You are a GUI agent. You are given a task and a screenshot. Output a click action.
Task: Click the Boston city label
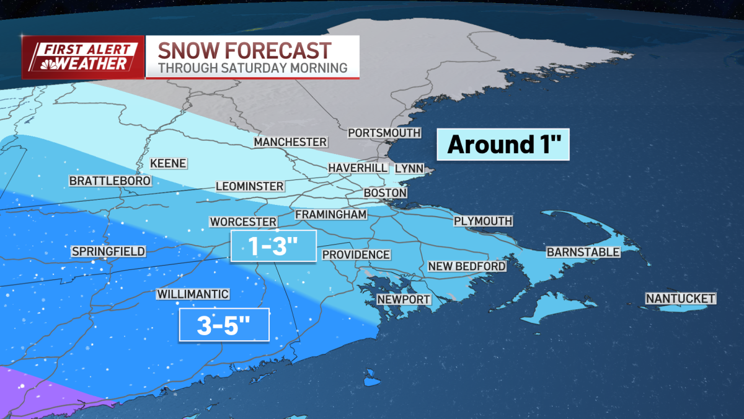pyautogui.click(x=385, y=193)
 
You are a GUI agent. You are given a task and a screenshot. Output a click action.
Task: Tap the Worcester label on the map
pyautogui.click(x=242, y=222)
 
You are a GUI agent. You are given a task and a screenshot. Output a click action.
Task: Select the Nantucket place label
pyautogui.click(x=680, y=299)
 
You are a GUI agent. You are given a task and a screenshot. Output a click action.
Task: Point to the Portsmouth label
pyautogui.click(x=384, y=133)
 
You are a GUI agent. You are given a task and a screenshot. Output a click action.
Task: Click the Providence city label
pyautogui.click(x=356, y=255)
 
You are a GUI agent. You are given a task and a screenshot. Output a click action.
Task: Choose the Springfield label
pyautogui.click(x=108, y=251)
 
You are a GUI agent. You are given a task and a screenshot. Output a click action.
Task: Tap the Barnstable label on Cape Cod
pyautogui.click(x=583, y=252)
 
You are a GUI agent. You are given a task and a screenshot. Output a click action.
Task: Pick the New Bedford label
pyautogui.click(x=467, y=266)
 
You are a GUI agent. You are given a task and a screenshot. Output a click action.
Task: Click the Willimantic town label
pyautogui.click(x=193, y=294)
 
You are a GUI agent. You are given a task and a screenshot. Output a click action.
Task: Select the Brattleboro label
pyautogui.click(x=110, y=181)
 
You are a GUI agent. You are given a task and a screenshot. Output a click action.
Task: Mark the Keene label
pyautogui.click(x=168, y=163)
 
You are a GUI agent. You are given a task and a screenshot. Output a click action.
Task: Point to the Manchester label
pyautogui.click(x=290, y=142)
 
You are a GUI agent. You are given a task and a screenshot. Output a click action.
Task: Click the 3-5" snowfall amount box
pyautogui.click(x=224, y=325)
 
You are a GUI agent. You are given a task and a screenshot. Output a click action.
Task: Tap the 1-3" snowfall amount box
pyautogui.click(x=273, y=246)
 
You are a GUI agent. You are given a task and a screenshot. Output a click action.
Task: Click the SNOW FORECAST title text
pyautogui.click(x=244, y=50)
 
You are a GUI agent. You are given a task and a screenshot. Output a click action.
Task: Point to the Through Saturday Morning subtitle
pyautogui.click(x=252, y=68)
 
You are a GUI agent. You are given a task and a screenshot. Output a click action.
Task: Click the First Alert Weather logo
pyautogui.click(x=83, y=57)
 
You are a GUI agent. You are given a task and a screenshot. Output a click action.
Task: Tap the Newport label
pyautogui.click(x=404, y=299)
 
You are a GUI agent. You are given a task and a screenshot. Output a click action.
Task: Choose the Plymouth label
pyautogui.click(x=483, y=221)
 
